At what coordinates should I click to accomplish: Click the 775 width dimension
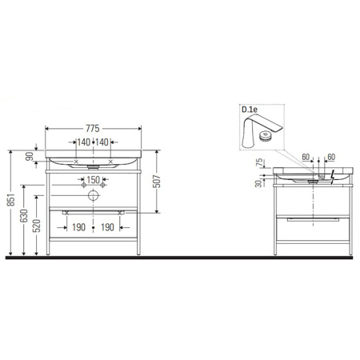(94, 128)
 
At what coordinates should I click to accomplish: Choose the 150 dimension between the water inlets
(93, 181)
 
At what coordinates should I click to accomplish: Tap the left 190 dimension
(78, 227)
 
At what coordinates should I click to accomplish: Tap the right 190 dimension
(109, 227)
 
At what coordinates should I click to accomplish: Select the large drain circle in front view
(94, 194)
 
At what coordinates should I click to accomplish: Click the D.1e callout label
(250, 110)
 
